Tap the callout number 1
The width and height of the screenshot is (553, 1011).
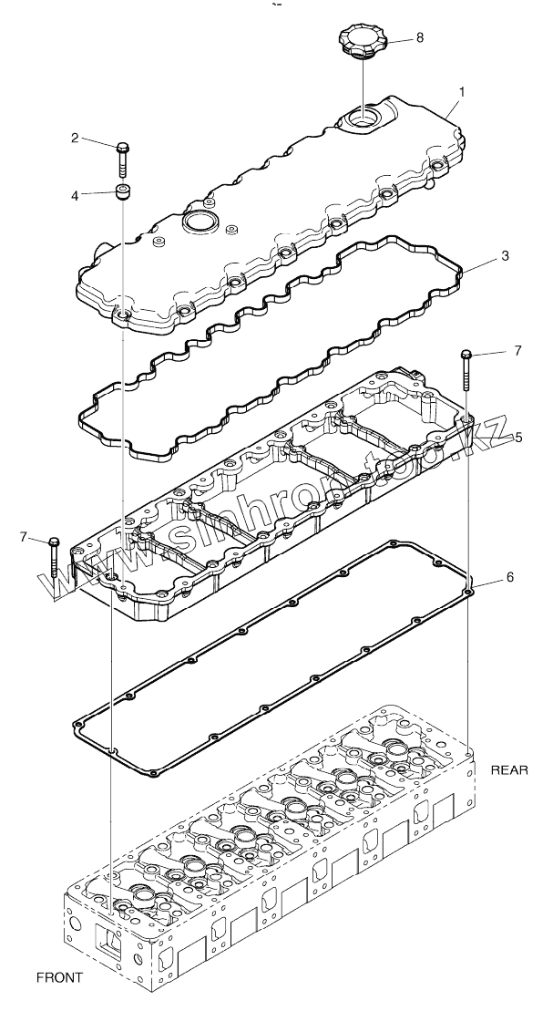(x=462, y=92)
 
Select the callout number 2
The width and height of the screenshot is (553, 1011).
(x=77, y=139)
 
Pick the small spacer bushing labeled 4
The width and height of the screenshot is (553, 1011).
(x=120, y=191)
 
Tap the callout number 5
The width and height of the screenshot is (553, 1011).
(x=517, y=438)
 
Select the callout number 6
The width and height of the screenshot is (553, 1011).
(x=510, y=577)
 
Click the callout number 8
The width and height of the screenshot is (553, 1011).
(x=419, y=37)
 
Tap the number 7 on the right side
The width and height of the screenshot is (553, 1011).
(x=517, y=350)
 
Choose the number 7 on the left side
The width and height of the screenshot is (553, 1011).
(x=25, y=538)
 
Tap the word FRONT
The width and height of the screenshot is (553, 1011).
(x=59, y=977)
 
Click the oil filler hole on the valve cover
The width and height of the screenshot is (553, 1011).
(x=362, y=117)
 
